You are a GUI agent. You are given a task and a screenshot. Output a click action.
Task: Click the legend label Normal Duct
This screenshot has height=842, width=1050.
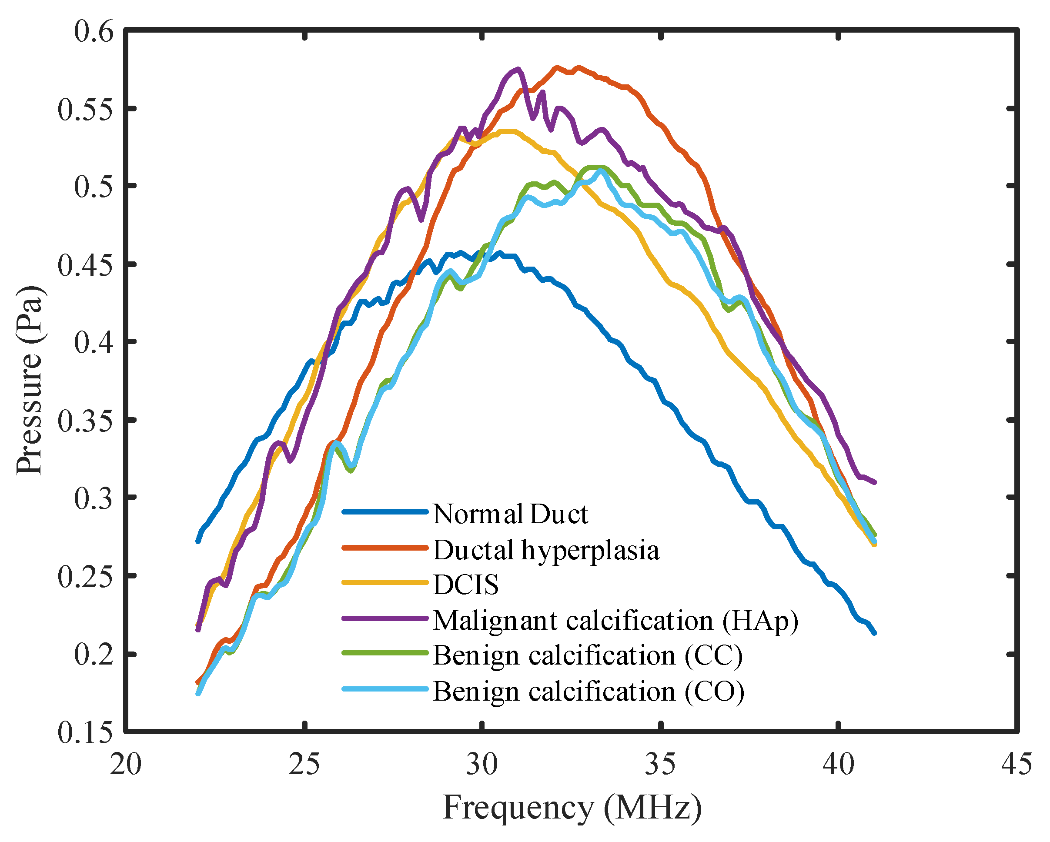[510, 514]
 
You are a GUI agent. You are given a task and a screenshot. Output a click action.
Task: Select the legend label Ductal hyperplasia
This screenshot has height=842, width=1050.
[545, 550]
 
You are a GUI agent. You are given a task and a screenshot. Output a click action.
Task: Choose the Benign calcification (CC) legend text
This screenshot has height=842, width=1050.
[587, 655]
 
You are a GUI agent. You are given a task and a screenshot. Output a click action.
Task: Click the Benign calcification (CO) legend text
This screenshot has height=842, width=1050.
[589, 692]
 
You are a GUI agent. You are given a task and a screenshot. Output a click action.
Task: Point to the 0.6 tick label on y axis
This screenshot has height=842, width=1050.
[94, 31]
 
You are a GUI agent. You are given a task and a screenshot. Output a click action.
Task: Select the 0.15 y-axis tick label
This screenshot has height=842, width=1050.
[85, 732]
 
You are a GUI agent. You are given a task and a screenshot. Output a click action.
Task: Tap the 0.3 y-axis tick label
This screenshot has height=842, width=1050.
[94, 498]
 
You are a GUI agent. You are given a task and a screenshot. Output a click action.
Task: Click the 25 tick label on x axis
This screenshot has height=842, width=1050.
[304, 764]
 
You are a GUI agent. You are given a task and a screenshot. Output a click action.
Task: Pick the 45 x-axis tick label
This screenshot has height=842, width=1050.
[1017, 764]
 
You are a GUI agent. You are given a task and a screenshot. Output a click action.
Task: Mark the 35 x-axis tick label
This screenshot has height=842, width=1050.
[660, 764]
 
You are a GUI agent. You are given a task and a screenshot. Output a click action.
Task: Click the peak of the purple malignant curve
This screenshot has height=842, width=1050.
[518, 69]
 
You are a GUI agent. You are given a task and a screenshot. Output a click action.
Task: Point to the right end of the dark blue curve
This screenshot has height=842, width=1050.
[874, 633]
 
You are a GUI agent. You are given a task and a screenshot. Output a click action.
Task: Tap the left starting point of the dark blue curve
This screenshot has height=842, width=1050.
[198, 541]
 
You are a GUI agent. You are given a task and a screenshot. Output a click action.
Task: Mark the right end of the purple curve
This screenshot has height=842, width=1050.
[874, 482]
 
